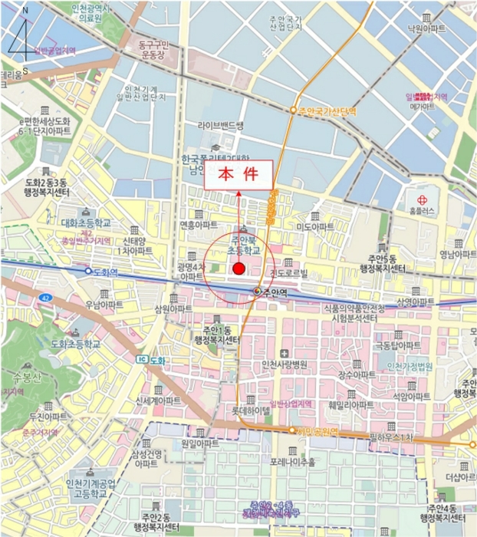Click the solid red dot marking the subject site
238,268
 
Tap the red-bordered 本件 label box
238,174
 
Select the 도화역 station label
105,271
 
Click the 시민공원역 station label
317,431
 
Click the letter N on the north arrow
25,11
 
